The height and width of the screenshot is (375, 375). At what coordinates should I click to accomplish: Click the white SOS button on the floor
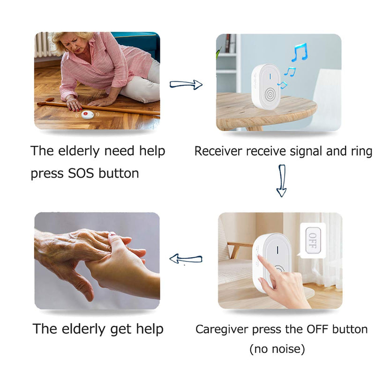click(87, 114)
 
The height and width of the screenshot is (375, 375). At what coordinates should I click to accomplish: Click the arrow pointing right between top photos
click(186, 84)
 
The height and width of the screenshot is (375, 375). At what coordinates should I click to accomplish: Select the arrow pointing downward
click(281, 180)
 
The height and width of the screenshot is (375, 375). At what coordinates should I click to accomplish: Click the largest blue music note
click(298, 52)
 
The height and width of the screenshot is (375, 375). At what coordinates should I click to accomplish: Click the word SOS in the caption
click(82, 173)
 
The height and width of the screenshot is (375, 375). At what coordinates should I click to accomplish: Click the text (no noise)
click(277, 349)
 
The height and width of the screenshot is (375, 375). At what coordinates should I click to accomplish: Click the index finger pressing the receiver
click(266, 265)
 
